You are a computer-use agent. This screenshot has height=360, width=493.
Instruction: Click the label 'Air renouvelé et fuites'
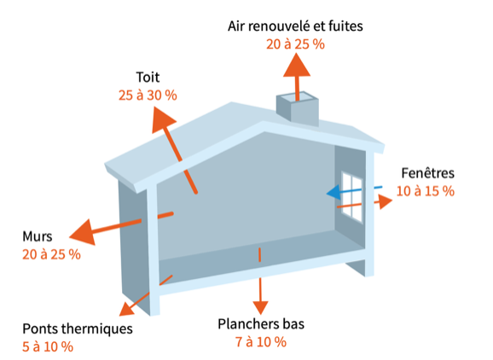[x=295, y=26]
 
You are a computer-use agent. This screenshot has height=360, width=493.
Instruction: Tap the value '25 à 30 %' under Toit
[x=148, y=96]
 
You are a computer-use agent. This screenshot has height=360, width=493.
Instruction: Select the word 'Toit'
[x=148, y=78]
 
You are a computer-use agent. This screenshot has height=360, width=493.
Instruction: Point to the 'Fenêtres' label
[x=428, y=173]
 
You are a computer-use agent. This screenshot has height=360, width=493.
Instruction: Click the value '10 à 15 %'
[x=426, y=191]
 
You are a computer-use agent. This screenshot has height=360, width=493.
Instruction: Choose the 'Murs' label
[x=37, y=236]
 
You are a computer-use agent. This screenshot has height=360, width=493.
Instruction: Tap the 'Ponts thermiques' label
[x=78, y=329]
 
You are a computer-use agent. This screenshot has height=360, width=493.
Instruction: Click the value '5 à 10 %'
[x=48, y=347]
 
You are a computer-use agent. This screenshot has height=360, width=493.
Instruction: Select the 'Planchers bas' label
[x=261, y=324]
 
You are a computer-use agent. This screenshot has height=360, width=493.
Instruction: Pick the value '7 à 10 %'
[x=261, y=342]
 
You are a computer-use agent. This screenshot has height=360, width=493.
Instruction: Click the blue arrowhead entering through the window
[x=333, y=193]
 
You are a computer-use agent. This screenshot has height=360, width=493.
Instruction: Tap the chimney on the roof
[x=298, y=108]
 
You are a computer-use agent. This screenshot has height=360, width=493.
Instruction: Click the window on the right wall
[x=352, y=196]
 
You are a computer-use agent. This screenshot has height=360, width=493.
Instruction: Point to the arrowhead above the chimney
[x=297, y=65]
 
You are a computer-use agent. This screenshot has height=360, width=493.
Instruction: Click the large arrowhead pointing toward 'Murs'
[x=84, y=233]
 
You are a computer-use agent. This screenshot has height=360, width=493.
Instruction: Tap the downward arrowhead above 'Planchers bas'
[x=260, y=307]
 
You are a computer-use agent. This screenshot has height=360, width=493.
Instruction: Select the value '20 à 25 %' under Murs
[x=51, y=255]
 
